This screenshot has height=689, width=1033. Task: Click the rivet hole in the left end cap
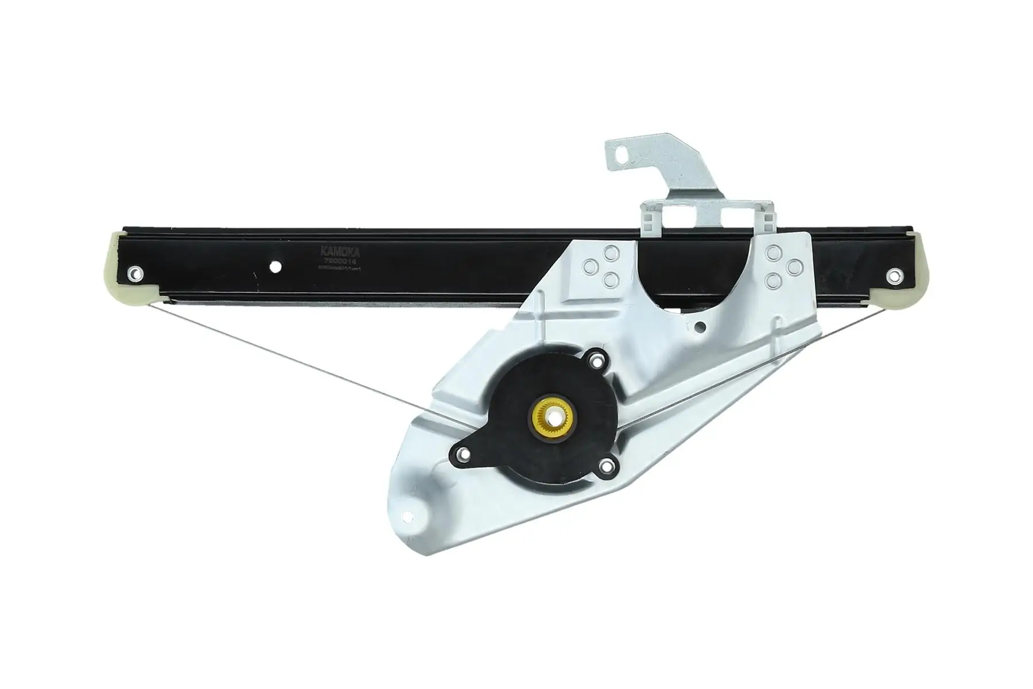tap(135, 273)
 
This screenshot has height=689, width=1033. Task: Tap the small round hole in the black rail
tap(276, 268)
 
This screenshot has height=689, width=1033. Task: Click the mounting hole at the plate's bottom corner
tap(410, 514)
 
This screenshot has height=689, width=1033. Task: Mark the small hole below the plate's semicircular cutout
tap(700, 328)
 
